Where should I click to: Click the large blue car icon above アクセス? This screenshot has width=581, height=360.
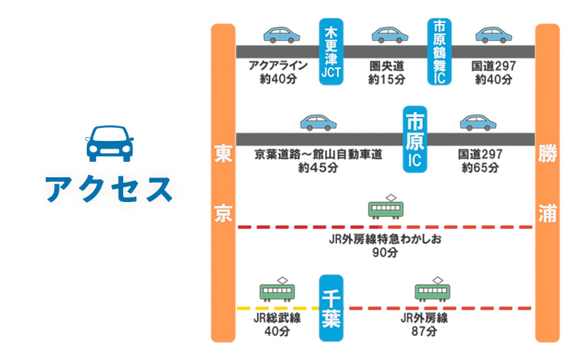click(108, 142)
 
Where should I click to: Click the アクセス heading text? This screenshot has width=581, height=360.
click(108, 189)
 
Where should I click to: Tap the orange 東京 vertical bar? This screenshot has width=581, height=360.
click(223, 183)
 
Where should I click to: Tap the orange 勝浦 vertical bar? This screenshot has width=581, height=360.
click(547, 183)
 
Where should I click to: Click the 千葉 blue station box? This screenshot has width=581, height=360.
click(331, 307)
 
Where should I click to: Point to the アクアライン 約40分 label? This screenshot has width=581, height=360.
click(278, 72)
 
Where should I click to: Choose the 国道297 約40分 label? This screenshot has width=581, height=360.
click(493, 72)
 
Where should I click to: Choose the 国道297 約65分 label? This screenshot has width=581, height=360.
click(480, 160)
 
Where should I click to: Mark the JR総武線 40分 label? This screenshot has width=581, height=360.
click(277, 324)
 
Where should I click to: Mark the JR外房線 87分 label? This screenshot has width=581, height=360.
click(425, 324)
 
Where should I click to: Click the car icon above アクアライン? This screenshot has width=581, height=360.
click(280, 35)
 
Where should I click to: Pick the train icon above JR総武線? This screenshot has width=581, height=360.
click(277, 290)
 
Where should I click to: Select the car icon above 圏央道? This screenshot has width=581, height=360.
click(388, 35)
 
